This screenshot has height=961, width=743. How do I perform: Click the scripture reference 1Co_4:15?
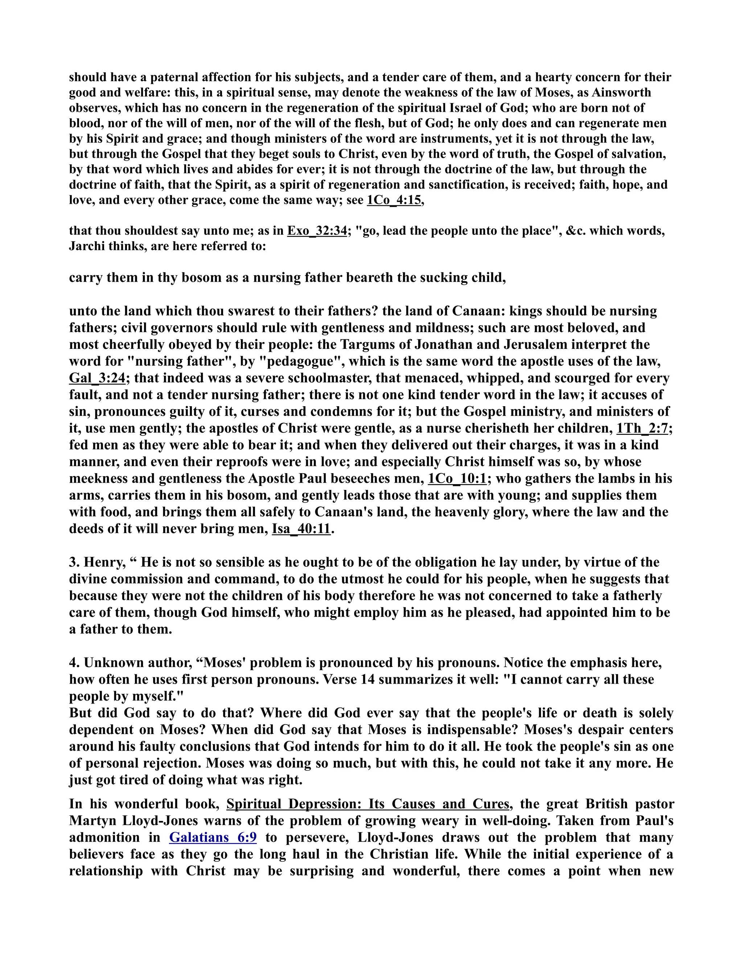394,200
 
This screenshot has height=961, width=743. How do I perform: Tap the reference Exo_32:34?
317,231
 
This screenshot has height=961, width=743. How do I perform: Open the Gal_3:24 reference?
97,378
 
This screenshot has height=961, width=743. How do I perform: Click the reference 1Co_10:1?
457,478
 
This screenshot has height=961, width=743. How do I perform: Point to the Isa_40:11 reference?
301,528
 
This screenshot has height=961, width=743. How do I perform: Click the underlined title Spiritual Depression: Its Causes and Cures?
368,804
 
